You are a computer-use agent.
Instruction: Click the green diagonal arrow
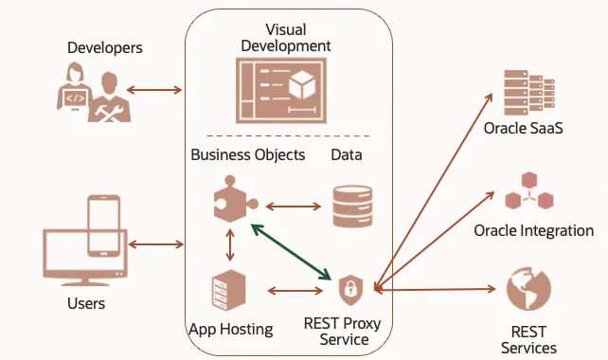coord(291,252)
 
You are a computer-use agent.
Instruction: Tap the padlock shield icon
coord(351,290)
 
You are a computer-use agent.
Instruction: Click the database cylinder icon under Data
coord(352,207)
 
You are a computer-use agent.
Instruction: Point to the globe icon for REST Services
coord(528,289)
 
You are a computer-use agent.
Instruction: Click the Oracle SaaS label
coord(523,128)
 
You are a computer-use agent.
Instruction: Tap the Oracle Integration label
coord(533,230)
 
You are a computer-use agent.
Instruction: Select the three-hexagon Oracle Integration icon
coord(529,190)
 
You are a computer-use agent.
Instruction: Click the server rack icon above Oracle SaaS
coord(529,92)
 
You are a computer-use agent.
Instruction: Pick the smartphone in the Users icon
coord(103,225)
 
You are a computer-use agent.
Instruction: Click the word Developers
coord(105,47)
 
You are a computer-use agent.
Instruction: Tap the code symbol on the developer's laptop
coord(75,99)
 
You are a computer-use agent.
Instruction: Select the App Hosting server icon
coord(229,291)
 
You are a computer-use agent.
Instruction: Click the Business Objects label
coord(248,154)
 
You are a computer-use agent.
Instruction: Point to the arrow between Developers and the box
coord(154,90)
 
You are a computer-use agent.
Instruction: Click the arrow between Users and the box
coord(156,244)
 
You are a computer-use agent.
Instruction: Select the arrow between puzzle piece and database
coord(294,207)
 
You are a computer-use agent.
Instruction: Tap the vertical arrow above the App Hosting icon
coord(230,244)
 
